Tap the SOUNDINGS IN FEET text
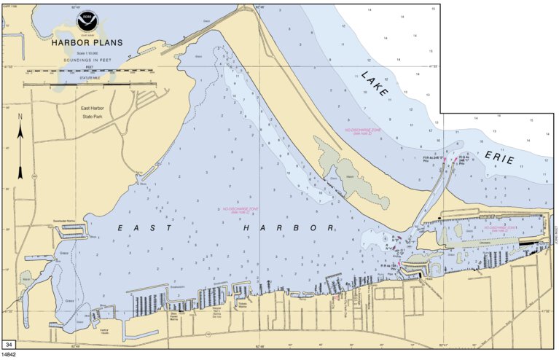pyautogui.click(x=90, y=58)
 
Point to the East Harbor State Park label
pyautogui.click(x=94, y=112)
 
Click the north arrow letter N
pyautogui.click(x=20, y=116)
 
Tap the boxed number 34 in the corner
pyautogui.click(x=9, y=344)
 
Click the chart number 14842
pyautogui.click(x=10, y=355)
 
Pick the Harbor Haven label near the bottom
pyautogui.click(x=103, y=332)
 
